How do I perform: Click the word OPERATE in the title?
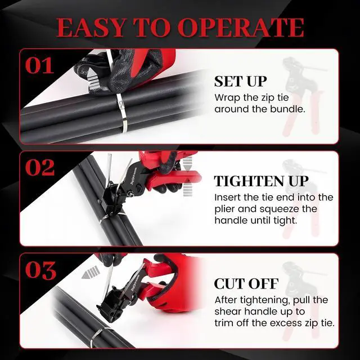pyautogui.click(x=241, y=28)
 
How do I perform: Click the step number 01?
pyautogui.click(x=40, y=66)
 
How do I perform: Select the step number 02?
pyautogui.click(x=40, y=168)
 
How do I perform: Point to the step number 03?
pyautogui.click(x=40, y=270)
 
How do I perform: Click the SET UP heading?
pyautogui.click(x=240, y=81)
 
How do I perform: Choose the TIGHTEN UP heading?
pyautogui.click(x=261, y=181)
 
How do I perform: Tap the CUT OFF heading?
pyautogui.click(x=246, y=283)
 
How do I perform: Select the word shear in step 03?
pyautogui.click(x=228, y=312)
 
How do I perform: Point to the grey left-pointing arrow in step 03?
pyautogui.click(x=91, y=272)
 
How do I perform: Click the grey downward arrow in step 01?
pyautogui.click(x=92, y=81)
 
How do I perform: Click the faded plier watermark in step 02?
pyautogui.click(x=303, y=198)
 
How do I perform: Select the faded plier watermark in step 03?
pyautogui.click(x=303, y=301)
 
